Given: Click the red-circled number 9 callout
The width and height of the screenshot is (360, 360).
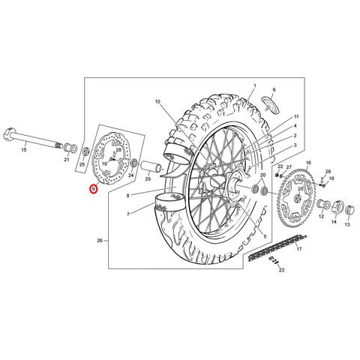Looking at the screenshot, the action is pos(94,189).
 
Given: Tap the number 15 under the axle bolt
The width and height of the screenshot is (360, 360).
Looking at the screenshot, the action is pos(24,150).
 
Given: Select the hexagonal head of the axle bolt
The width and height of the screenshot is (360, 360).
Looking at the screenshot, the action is pos(10,133).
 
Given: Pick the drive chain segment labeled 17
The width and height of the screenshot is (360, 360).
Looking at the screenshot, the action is pos(277,247).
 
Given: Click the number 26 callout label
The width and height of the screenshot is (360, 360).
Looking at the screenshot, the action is pos(100,241).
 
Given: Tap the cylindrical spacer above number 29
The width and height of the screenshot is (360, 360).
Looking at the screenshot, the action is pos(151,167).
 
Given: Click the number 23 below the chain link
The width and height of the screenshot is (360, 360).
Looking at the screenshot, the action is pos(281,270).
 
